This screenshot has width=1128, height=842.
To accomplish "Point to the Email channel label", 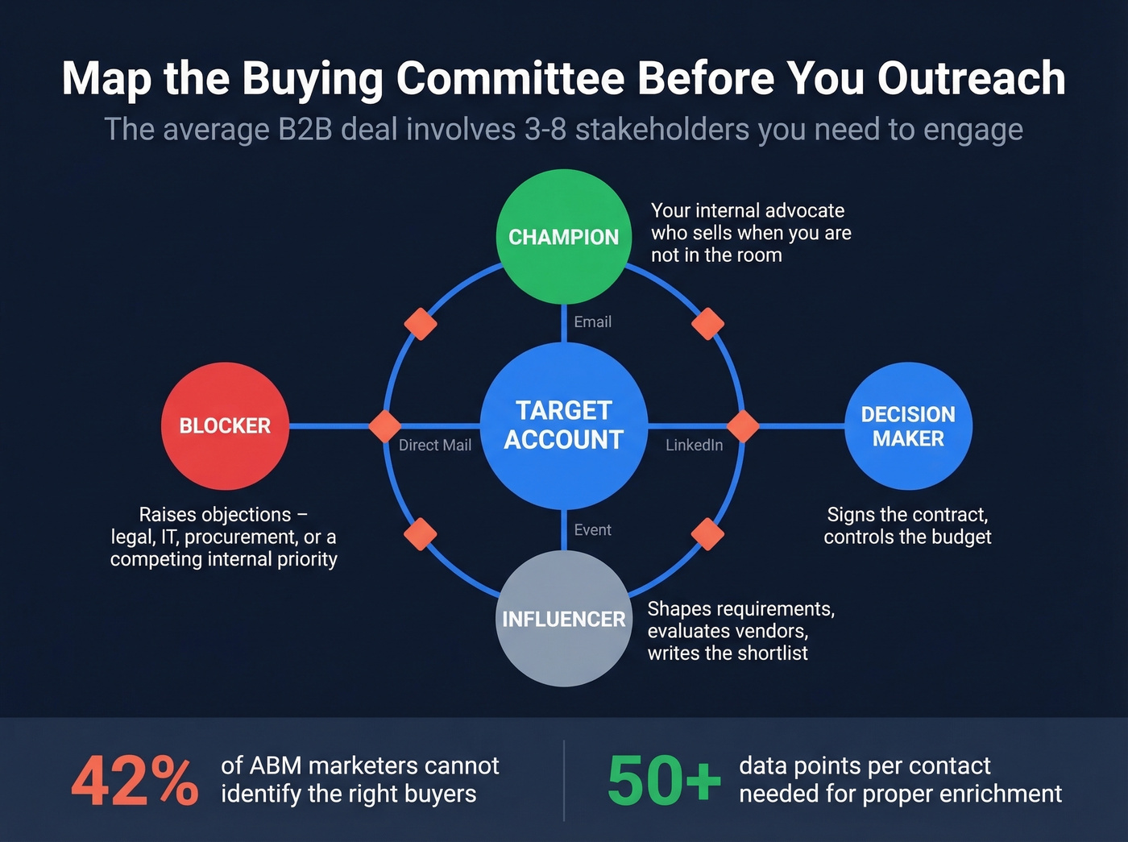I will [592, 321].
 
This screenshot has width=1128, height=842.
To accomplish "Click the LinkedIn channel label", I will [694, 445].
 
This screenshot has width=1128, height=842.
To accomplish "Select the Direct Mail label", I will [435, 445].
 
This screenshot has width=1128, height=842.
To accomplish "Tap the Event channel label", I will [592, 529].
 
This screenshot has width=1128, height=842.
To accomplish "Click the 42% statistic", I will [135, 781].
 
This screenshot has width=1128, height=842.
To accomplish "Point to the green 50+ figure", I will [664, 781].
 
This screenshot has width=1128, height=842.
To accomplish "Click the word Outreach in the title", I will [971, 78].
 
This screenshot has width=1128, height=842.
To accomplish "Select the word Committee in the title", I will [510, 78].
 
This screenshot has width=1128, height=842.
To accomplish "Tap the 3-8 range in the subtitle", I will [545, 129].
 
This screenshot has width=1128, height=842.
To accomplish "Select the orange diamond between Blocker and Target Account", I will [384, 425].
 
